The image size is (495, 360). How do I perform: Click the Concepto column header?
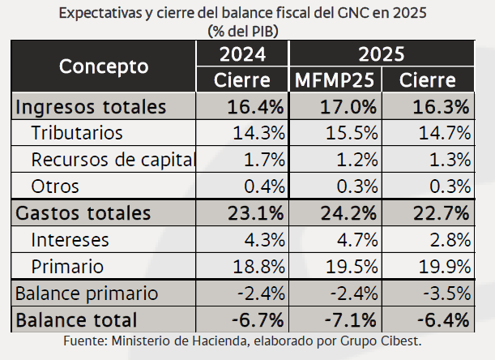tap(104, 66)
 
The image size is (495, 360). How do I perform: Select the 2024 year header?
tap(242, 55)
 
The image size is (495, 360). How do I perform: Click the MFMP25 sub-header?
tap(332, 80)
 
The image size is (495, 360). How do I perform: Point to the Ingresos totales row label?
tap(92, 107)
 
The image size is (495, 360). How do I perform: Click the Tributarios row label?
tap(77, 133)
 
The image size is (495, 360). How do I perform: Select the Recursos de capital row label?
tap(113, 160)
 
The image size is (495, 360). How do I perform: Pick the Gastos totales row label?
tap(83, 213)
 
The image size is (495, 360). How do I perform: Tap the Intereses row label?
tap(70, 240)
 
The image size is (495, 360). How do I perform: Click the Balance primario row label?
tap(87, 293)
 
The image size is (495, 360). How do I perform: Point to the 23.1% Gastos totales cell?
tap(255, 213)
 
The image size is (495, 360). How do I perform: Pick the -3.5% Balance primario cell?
tap(443, 293)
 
